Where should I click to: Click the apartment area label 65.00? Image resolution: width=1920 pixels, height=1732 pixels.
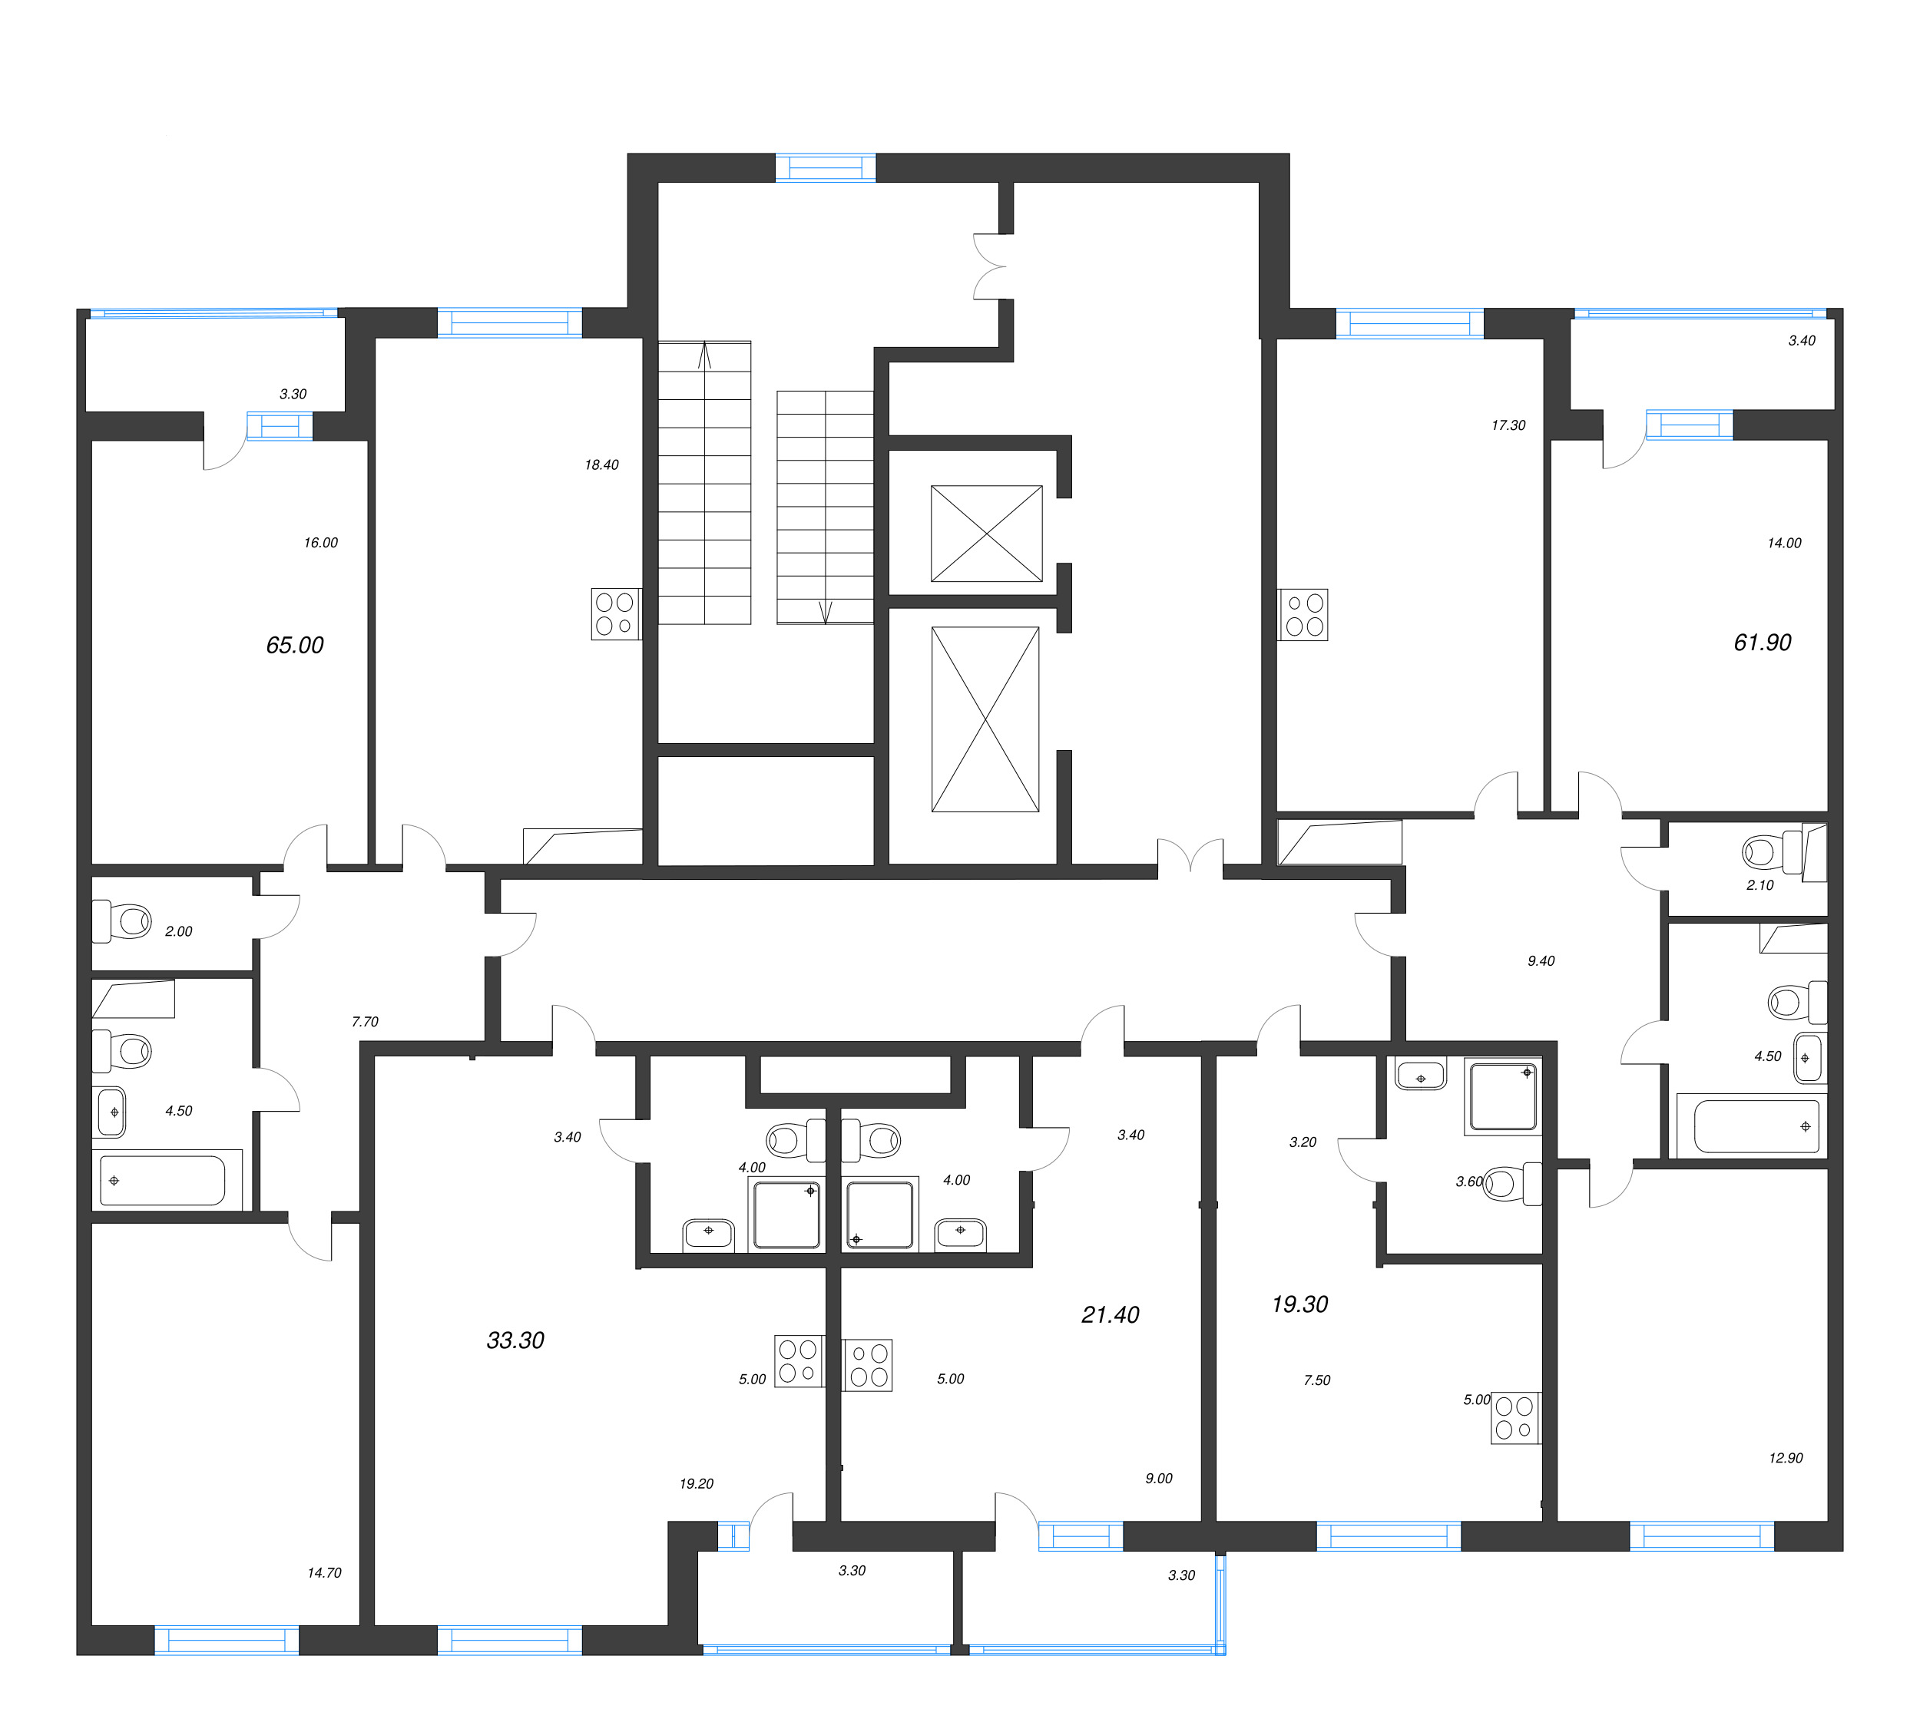tap(294, 645)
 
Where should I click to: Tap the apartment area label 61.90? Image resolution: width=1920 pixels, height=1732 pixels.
tap(1761, 643)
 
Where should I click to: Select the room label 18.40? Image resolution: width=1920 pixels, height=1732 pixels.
tap(601, 465)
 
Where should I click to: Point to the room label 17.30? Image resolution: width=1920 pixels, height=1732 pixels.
tap(1508, 425)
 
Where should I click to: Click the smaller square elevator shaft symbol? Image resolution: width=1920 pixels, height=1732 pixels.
tap(986, 534)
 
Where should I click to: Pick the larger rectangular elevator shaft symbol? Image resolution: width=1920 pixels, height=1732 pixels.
tap(985, 719)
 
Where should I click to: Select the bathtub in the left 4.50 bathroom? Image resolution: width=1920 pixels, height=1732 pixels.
tap(163, 1180)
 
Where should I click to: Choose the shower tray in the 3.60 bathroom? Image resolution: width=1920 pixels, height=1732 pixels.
tap(1502, 1096)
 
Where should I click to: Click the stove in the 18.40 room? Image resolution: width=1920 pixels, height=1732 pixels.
tap(615, 614)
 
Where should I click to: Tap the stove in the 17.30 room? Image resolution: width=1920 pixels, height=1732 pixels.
tap(1303, 615)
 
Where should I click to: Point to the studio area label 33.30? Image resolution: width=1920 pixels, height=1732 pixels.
tap(515, 1340)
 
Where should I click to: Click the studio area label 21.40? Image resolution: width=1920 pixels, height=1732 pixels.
tap(1109, 1315)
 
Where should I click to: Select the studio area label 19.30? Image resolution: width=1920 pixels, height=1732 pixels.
tap(1299, 1304)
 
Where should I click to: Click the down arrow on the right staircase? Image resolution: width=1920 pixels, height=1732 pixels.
tap(826, 612)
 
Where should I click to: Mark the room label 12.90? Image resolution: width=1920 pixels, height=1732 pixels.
tap(1785, 1458)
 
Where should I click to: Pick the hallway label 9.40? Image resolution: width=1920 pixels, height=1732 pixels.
tap(1540, 961)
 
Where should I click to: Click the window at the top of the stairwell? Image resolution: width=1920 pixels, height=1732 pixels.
tap(826, 168)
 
